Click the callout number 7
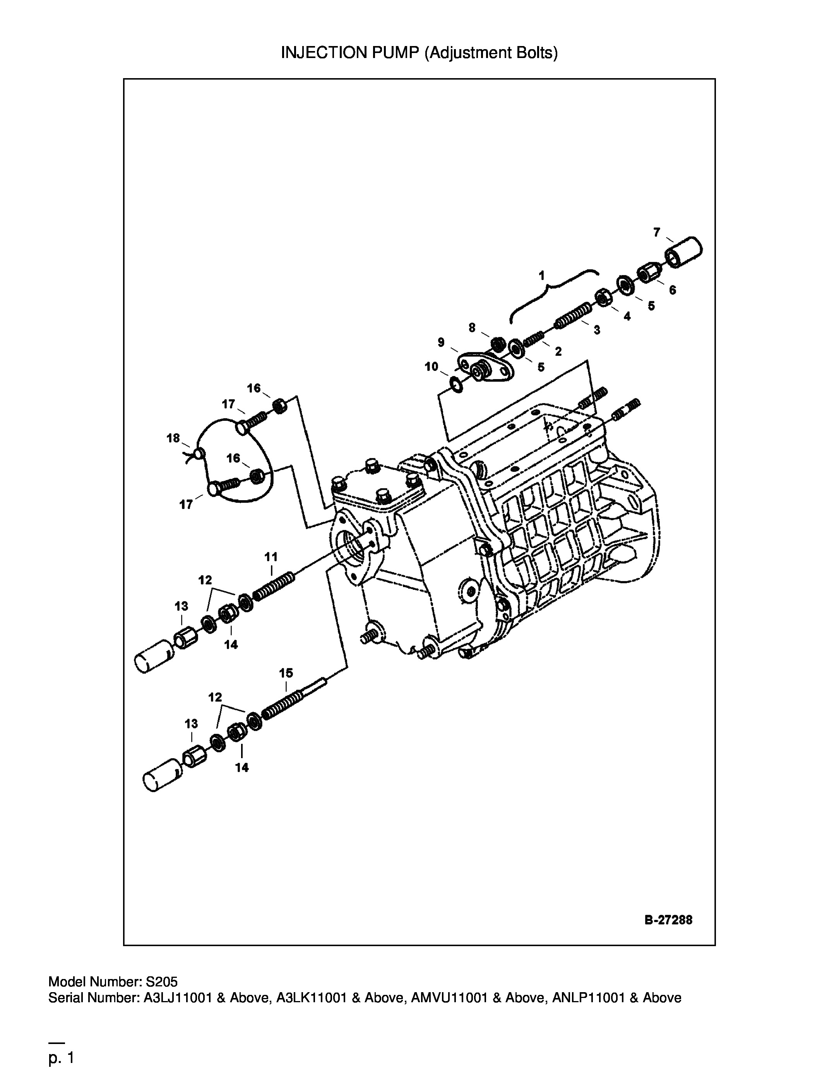pyautogui.click(x=657, y=232)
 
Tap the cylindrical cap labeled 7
pyautogui.click(x=683, y=252)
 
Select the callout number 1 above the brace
pyautogui.click(x=542, y=275)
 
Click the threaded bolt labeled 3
pyautogui.click(x=573, y=316)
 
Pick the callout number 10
pyautogui.click(x=431, y=367)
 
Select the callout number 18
pyautogui.click(x=173, y=438)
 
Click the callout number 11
pyautogui.click(x=271, y=556)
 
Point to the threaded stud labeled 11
pyautogui.click(x=274, y=587)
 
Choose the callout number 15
pyautogui.click(x=286, y=673)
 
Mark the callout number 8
pyautogui.click(x=472, y=327)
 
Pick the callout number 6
pyautogui.click(x=673, y=290)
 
